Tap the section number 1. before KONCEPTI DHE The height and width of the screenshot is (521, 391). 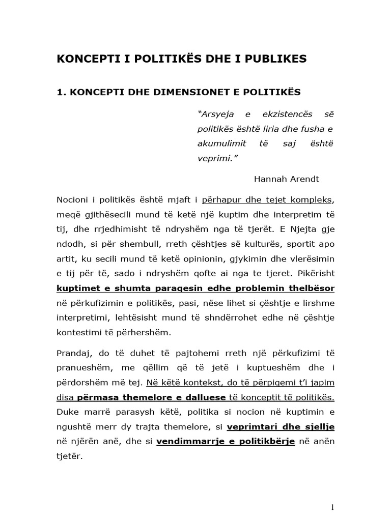coord(62,92)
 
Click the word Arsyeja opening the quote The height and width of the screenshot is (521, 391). coord(216,113)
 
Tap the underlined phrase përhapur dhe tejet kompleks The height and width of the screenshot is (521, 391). coord(267,199)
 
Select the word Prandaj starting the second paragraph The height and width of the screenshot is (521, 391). coord(73,353)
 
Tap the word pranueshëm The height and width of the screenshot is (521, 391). coord(82,368)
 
